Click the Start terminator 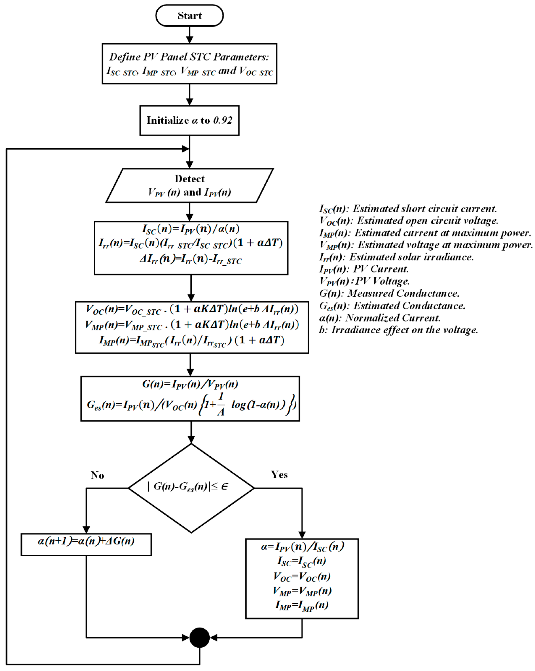click(189, 16)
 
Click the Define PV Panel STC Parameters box click(189, 64)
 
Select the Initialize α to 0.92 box click(189, 121)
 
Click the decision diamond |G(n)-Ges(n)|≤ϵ click(191, 488)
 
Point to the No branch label click(97, 475)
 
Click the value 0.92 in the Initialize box click(223, 121)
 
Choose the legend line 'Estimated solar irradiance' click(396, 257)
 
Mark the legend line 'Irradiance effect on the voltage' click(398, 330)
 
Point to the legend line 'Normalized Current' click(380, 318)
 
